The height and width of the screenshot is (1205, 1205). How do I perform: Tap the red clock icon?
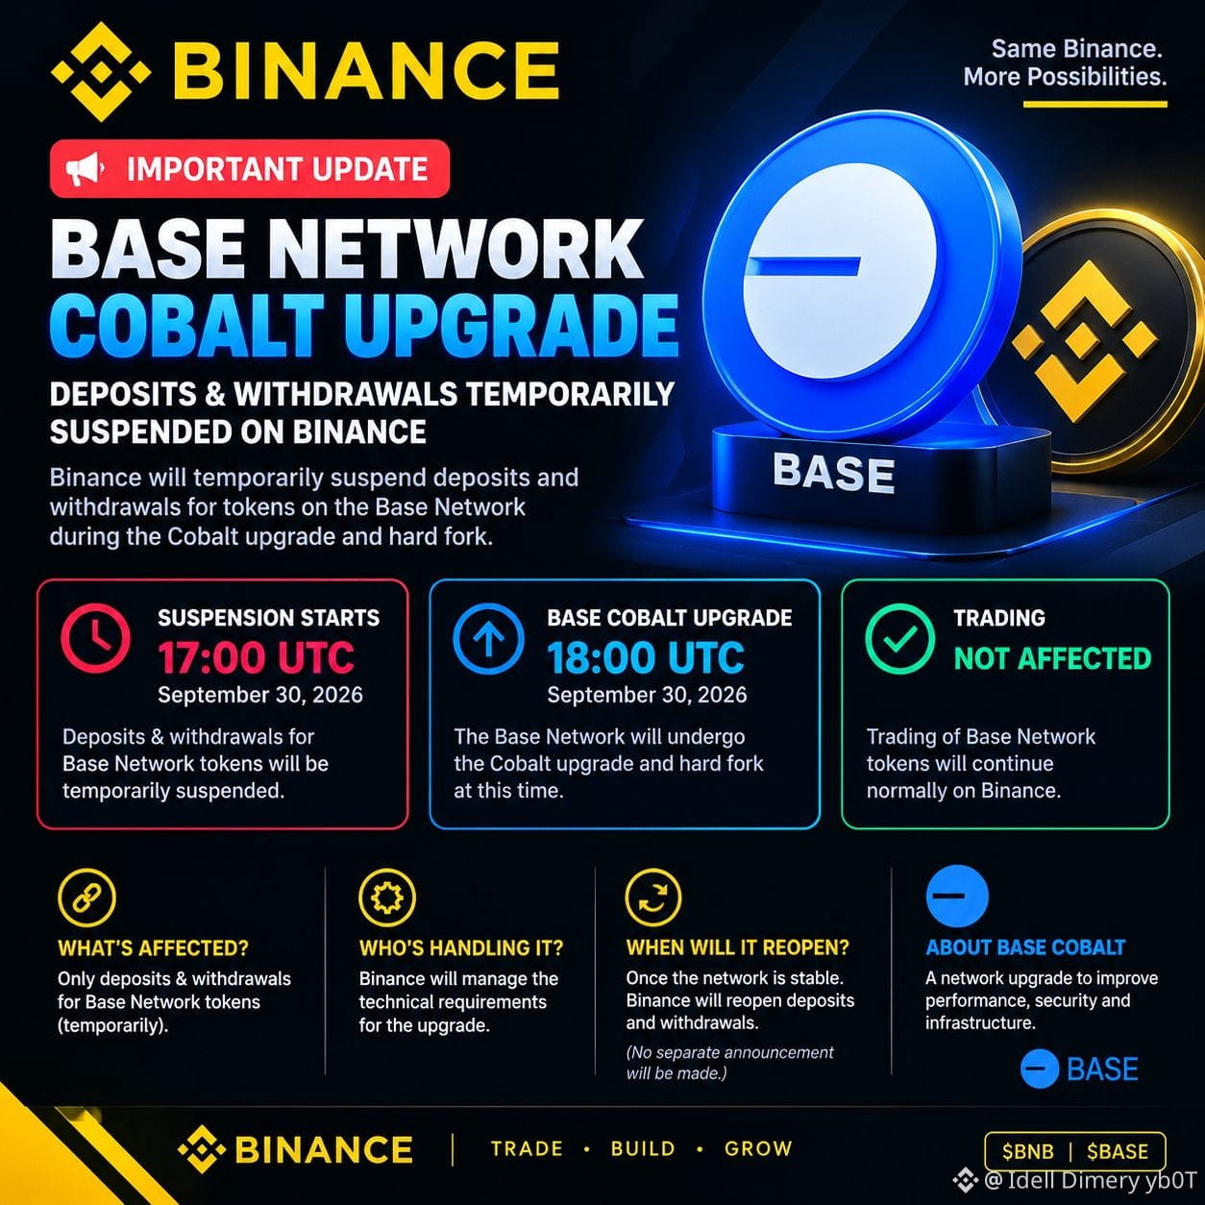(96, 638)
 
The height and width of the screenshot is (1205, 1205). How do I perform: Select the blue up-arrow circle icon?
(488, 638)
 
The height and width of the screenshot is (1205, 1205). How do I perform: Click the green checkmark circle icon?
(899, 638)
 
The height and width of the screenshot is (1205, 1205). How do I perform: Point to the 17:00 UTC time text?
(256, 658)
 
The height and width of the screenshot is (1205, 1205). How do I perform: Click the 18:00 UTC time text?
(646, 658)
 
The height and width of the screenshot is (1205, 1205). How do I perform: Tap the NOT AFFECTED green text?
(1052, 658)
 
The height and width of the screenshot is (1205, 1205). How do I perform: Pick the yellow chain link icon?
(86, 898)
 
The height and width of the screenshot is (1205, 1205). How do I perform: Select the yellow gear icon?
(387, 898)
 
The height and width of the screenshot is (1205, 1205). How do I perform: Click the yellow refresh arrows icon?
(653, 898)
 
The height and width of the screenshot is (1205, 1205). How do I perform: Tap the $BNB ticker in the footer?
(1028, 1151)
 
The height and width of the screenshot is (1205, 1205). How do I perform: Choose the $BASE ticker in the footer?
(1118, 1151)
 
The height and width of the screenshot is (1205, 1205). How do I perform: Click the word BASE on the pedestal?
(833, 472)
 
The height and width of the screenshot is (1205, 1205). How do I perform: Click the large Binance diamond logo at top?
(101, 71)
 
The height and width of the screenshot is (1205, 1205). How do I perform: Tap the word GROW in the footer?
(758, 1148)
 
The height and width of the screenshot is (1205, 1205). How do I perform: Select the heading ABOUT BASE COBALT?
(1025, 947)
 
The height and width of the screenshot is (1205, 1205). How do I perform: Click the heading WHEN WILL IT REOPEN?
(738, 947)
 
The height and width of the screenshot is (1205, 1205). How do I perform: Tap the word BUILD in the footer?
(644, 1148)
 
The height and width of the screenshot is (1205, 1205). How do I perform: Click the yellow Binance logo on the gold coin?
(1085, 341)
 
